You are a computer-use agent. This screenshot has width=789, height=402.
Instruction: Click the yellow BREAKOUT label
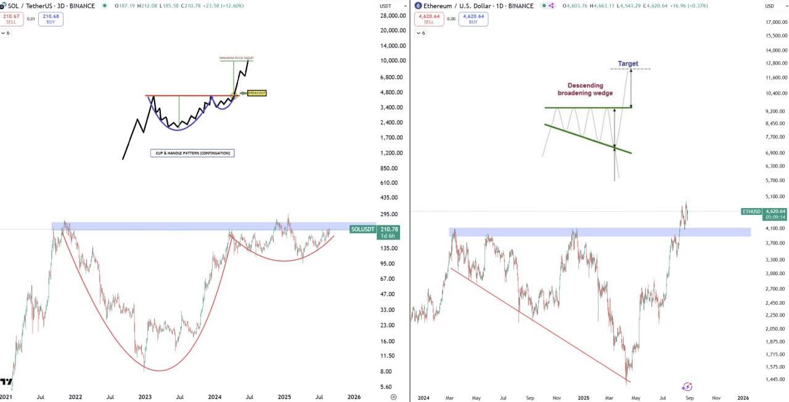[256, 93]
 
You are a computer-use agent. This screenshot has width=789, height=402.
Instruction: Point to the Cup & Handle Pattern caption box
[192, 153]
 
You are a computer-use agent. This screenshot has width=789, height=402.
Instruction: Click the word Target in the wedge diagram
[628, 63]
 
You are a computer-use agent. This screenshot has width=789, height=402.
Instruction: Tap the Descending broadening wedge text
[585, 89]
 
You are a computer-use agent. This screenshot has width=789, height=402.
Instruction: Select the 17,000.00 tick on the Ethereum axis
[775, 22]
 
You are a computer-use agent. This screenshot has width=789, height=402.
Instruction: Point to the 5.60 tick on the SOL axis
[386, 387]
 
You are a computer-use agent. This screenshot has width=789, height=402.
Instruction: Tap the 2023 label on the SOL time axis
[145, 398]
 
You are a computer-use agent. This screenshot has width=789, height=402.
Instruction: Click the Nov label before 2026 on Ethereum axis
[716, 398]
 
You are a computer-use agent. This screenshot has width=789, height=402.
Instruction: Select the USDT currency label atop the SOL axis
[386, 6]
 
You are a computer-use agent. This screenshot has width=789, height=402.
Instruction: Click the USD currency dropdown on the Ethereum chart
[771, 6]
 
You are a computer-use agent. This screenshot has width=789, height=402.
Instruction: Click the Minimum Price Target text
[237, 58]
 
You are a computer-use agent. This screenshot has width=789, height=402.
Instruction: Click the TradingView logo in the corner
[6, 382]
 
